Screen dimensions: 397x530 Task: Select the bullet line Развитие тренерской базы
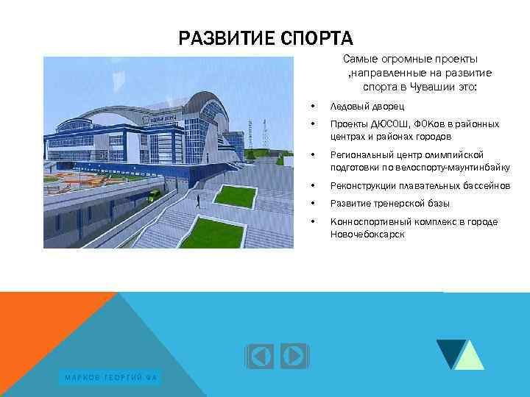point(389,204)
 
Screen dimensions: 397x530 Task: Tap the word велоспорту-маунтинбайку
point(457,168)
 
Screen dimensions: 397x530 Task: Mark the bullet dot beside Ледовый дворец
point(313,107)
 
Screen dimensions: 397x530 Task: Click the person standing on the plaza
point(198,198)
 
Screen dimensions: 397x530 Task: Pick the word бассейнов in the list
point(487,186)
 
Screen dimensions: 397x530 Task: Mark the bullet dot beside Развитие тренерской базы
point(313,204)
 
